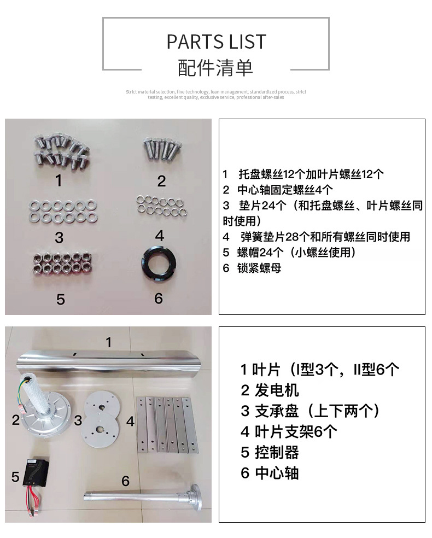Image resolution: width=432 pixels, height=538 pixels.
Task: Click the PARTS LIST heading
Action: pos(216,42)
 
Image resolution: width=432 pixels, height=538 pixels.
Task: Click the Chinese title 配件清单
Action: pos(215,68)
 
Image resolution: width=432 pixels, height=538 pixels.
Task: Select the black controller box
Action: pos(36,471)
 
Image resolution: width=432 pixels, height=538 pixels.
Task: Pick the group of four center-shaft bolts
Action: pos(162,149)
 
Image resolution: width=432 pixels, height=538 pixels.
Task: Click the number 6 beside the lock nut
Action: pos(158,298)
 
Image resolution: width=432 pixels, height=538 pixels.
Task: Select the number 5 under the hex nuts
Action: pos(60,300)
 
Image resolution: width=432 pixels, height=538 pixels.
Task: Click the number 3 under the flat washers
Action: pos(59,237)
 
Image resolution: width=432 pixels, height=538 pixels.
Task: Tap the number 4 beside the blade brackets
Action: pos(130,422)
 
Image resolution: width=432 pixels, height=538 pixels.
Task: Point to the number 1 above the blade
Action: pos(109,342)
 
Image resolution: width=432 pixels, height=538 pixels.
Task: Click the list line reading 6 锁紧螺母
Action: pos(252,268)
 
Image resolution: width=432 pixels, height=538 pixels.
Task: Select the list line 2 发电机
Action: pos(270,390)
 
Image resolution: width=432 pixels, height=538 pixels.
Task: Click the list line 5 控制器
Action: pos(270,453)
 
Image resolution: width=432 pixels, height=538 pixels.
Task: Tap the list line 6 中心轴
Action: pos(270,473)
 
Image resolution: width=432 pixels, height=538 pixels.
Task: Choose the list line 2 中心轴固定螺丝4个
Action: pos(278,190)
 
